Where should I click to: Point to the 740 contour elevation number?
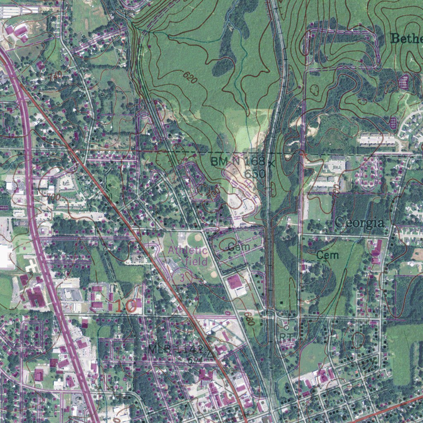coord(55,76)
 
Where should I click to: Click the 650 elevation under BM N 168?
coord(254,174)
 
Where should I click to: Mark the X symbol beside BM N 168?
coord(271,164)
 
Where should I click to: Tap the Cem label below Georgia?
coord(328,255)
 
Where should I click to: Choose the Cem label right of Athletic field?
coord(239,247)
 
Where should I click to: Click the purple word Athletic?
coord(187,250)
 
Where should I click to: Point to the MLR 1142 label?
coord(176,349)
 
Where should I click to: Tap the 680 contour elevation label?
coord(248,318)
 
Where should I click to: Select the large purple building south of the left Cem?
coord(234,283)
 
